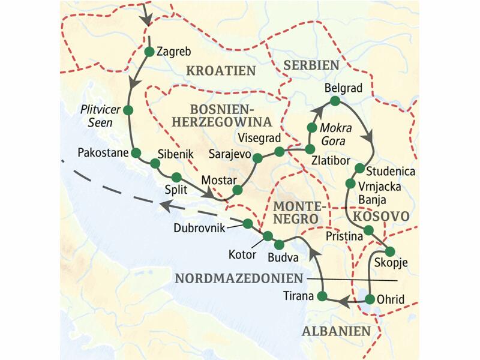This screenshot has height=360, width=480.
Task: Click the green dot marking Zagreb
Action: click(149, 52)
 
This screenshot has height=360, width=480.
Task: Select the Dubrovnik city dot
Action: click(247, 223)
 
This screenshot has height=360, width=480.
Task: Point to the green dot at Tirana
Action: click(322, 296)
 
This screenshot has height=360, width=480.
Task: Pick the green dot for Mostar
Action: click(237, 190)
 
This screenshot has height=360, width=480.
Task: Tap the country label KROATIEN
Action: click(221, 71)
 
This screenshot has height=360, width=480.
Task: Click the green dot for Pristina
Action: click(369, 230)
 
